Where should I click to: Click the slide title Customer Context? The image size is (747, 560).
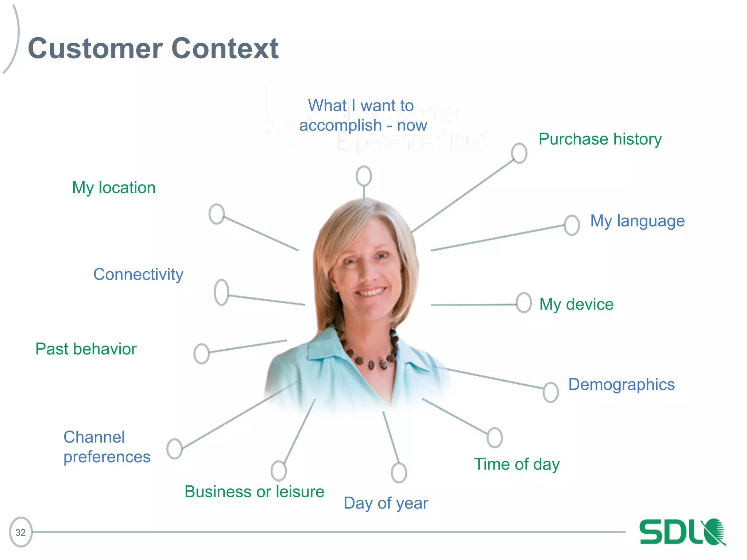click(153, 48)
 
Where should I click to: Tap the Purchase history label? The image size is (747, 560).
click(600, 139)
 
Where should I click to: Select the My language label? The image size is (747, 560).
click(637, 221)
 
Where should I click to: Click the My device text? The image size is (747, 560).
click(576, 304)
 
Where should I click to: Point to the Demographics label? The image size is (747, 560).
click(621, 385)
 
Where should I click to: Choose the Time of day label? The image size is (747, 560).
click(516, 464)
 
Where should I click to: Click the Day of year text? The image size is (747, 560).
click(386, 503)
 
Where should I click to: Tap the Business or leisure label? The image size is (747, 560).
click(254, 492)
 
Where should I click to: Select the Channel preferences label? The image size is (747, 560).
click(107, 447)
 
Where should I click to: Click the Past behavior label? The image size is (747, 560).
click(86, 349)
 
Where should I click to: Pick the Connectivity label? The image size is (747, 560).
click(138, 275)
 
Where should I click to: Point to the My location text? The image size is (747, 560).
click(114, 188)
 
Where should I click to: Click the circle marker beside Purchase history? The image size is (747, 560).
click(519, 153)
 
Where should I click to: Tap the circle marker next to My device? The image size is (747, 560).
click(524, 303)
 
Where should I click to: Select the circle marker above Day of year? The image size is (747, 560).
click(399, 473)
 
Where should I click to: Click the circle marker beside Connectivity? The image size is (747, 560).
click(221, 292)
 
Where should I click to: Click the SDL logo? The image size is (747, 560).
click(682, 532)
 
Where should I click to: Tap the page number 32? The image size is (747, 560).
click(21, 532)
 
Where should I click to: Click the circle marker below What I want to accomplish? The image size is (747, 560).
click(364, 176)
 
